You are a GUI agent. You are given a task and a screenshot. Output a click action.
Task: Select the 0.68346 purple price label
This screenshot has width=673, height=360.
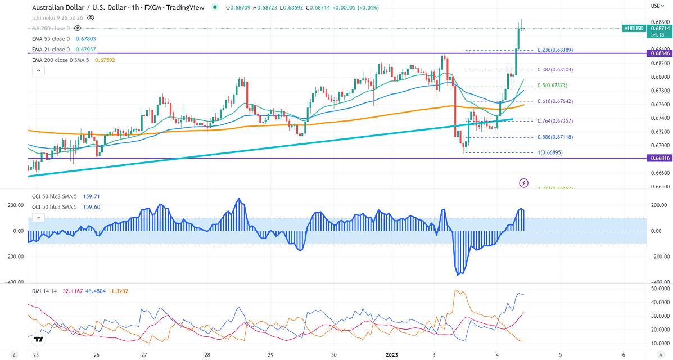point(659,53)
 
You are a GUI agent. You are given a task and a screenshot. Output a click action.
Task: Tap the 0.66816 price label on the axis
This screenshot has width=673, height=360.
point(659,158)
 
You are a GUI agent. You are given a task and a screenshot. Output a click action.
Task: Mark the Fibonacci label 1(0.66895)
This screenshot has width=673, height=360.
point(550,152)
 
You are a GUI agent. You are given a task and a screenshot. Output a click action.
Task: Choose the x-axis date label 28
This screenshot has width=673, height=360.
point(207,355)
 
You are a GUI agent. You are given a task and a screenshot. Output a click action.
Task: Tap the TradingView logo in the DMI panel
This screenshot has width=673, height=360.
point(38,339)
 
